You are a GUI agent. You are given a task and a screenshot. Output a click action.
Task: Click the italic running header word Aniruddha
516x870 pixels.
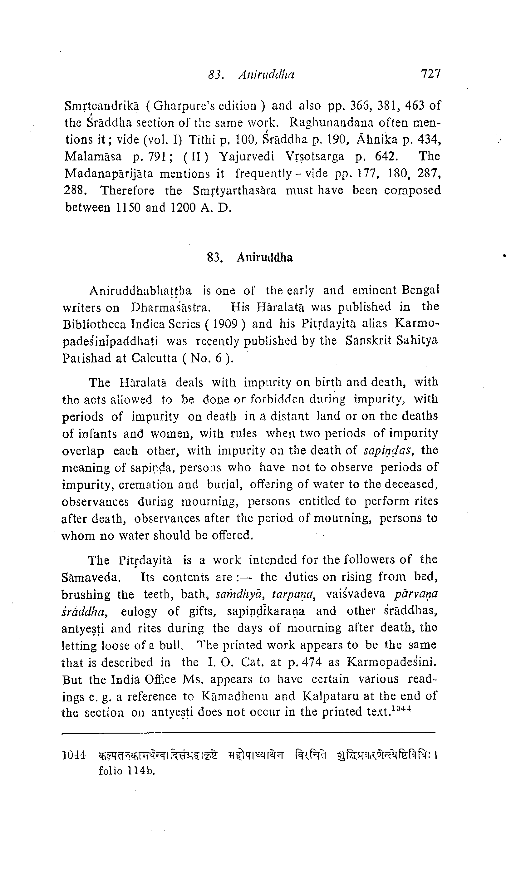coord(266,74)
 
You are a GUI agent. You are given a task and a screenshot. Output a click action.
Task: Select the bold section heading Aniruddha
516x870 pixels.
coord(265,257)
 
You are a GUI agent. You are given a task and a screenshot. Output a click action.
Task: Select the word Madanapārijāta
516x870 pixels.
coord(109,174)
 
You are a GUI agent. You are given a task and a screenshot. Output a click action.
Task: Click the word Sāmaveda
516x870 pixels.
coord(91,578)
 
